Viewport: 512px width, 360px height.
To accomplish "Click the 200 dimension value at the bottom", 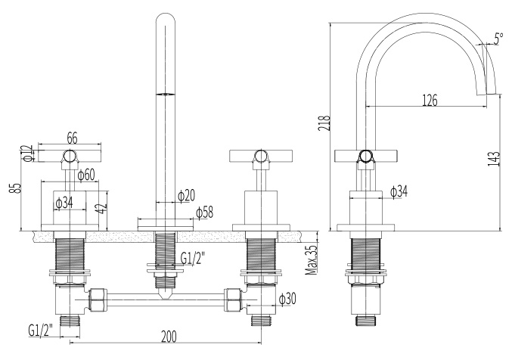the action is point(169,337).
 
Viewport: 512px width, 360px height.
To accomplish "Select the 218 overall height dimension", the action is point(324,123).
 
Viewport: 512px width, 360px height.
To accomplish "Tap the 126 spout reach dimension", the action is point(430,101).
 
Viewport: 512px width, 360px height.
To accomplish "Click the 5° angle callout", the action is point(498,39).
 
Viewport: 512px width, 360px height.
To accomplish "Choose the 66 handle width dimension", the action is point(72,138).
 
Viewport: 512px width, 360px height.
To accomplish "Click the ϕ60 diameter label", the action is point(86,175).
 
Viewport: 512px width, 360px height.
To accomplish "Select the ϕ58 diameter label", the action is point(205,213).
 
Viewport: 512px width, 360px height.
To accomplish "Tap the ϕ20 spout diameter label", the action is point(187,195).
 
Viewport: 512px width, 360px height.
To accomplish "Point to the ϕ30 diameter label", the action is point(287,298).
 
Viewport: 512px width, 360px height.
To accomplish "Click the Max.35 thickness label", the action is point(311,259).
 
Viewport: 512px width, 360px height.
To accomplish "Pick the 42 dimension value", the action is point(103,208).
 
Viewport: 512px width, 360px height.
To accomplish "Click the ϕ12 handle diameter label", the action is point(29,153).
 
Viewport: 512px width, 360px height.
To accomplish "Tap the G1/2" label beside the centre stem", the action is point(193,259).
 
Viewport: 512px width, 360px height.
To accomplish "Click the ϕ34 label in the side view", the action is point(399,191).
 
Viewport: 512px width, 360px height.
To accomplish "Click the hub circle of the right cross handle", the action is point(260,156).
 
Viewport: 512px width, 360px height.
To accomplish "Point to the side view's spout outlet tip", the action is point(491,94).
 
